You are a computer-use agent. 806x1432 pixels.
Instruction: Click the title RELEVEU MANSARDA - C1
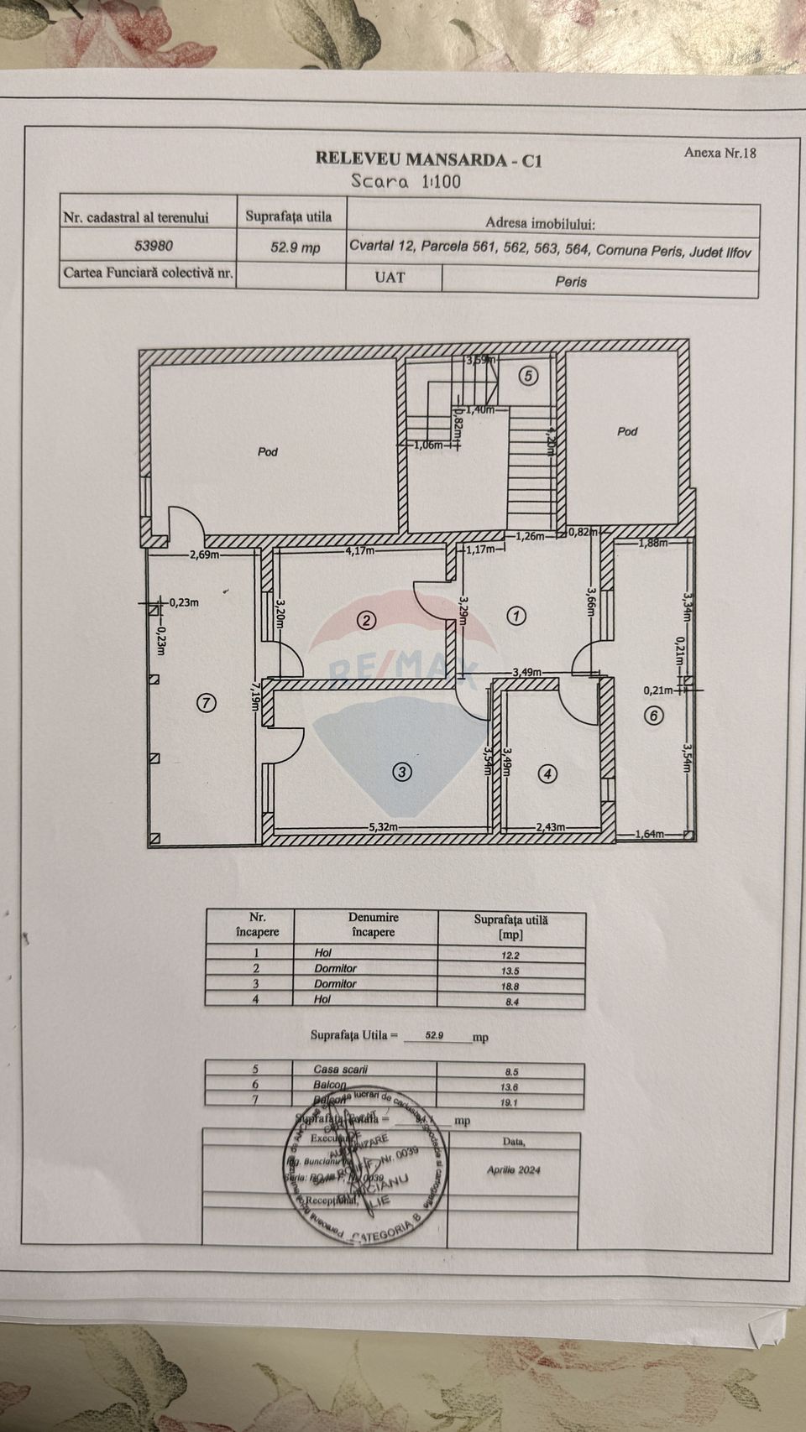coord(428,159)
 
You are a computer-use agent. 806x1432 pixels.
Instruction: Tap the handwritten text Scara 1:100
coord(406,181)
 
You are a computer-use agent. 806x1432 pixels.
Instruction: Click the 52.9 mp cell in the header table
coord(294,247)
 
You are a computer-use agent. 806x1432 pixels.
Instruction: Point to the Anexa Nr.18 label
coord(720,153)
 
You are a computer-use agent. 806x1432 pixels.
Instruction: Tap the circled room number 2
coord(366,621)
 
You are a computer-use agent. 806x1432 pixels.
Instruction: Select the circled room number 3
coord(403,772)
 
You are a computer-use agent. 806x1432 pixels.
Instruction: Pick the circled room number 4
coord(547,774)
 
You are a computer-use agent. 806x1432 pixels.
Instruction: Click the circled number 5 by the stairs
coord(528,376)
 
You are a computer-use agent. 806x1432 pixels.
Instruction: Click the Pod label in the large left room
coord(268,451)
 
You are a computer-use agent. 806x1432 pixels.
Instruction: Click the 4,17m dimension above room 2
coord(361,551)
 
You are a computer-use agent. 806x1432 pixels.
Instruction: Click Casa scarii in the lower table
coord(341,1070)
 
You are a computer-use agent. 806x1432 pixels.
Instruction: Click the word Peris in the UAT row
coord(571,282)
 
